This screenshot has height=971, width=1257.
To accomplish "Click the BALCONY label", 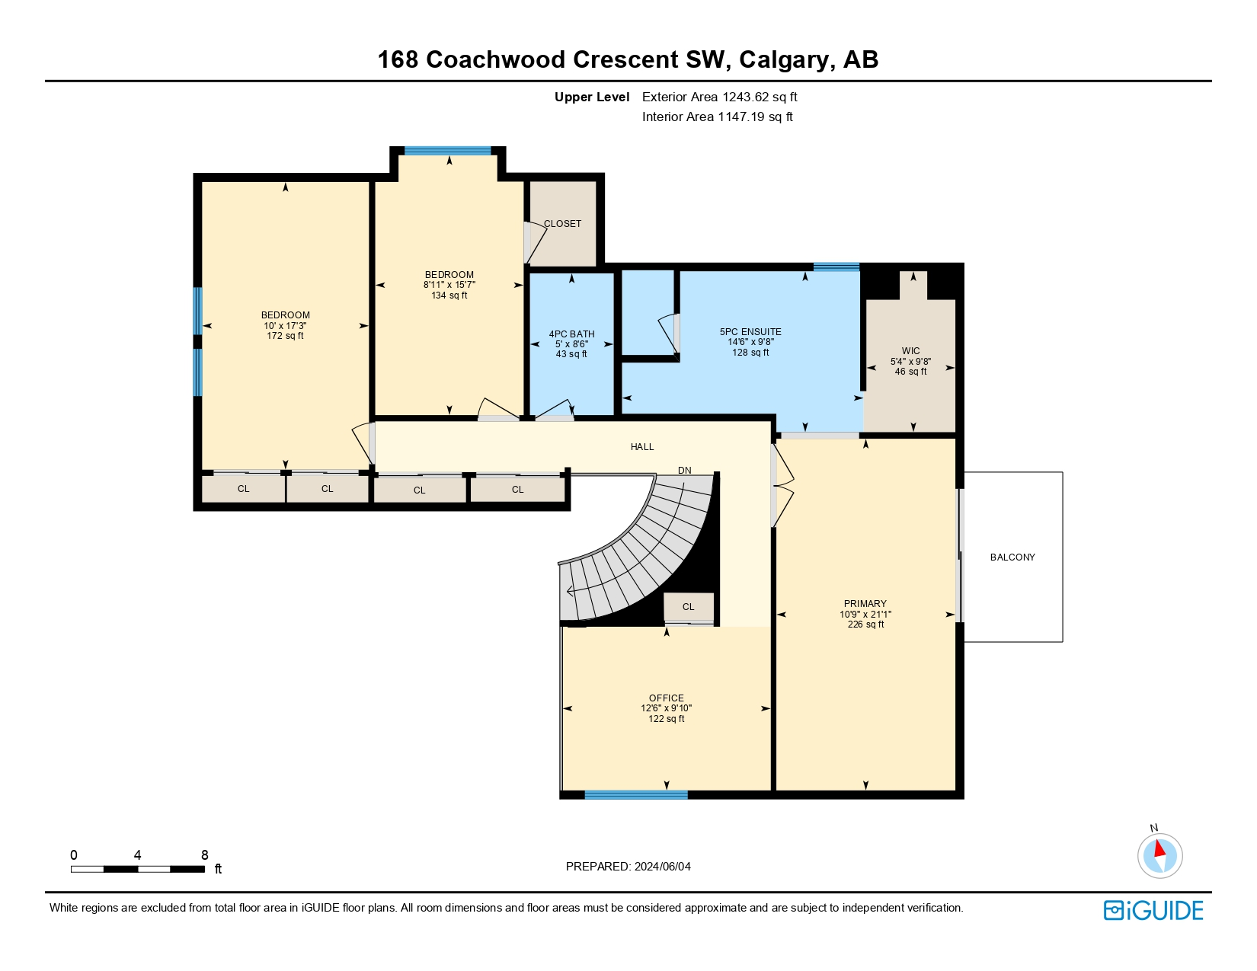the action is [x=1012, y=557].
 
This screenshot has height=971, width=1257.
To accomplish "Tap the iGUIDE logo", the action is [x=1153, y=910].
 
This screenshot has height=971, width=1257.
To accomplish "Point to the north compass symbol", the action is [x=1159, y=854].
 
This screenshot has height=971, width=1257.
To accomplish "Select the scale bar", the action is [x=138, y=869].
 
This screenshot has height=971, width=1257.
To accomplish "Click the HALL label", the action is [x=642, y=446].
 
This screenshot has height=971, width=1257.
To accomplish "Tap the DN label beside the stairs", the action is [x=684, y=470].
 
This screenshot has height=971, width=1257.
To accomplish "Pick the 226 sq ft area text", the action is [x=865, y=624].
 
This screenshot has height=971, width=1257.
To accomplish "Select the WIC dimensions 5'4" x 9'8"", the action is [x=910, y=362].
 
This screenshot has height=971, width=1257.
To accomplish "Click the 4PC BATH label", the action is [x=571, y=334].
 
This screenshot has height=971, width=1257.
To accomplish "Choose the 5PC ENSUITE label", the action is [x=750, y=331].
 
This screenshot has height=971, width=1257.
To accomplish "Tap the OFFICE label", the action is [x=667, y=698].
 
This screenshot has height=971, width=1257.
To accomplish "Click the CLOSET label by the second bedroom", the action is [x=562, y=223].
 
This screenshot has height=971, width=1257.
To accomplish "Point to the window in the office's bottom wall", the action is [x=635, y=794].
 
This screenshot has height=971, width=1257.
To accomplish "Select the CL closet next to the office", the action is [x=688, y=607].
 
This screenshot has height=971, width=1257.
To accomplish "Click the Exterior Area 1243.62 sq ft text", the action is [x=720, y=97].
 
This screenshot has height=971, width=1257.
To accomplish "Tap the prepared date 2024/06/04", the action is [x=662, y=867].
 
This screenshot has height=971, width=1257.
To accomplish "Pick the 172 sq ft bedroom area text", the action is [x=285, y=335].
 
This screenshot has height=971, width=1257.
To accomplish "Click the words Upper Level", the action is [x=592, y=97].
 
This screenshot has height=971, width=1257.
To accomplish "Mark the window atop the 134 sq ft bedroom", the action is [x=448, y=151].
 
